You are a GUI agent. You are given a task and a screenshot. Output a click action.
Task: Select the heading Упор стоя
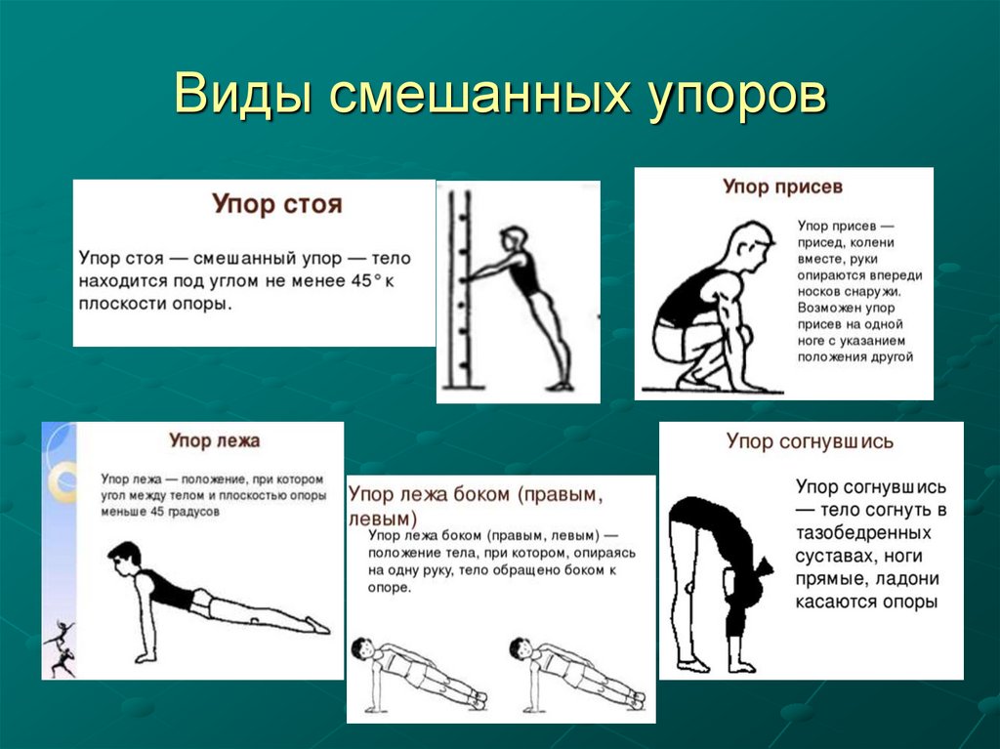278,205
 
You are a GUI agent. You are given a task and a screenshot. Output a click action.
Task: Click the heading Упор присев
783,186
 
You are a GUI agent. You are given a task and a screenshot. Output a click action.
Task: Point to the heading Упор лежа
214,440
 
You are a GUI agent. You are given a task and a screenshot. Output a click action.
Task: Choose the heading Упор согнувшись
810,441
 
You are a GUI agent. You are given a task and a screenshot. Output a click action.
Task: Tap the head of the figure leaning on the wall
514,239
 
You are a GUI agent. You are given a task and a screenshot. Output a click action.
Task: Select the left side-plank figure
415,673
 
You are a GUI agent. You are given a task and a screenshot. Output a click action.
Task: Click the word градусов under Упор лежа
190,511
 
